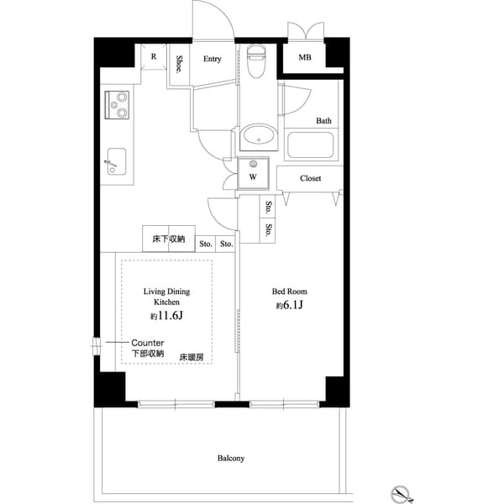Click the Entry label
(212, 59)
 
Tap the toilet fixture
(257, 63)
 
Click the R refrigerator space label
(153, 57)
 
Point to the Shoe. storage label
(180, 65)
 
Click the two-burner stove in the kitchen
(118, 104)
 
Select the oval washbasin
(257, 134)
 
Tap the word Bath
(323, 121)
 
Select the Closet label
(311, 178)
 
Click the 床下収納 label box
(168, 239)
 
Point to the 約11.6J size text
(166, 317)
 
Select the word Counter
(147, 343)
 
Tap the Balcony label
(231, 458)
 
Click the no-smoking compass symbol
(402, 492)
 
